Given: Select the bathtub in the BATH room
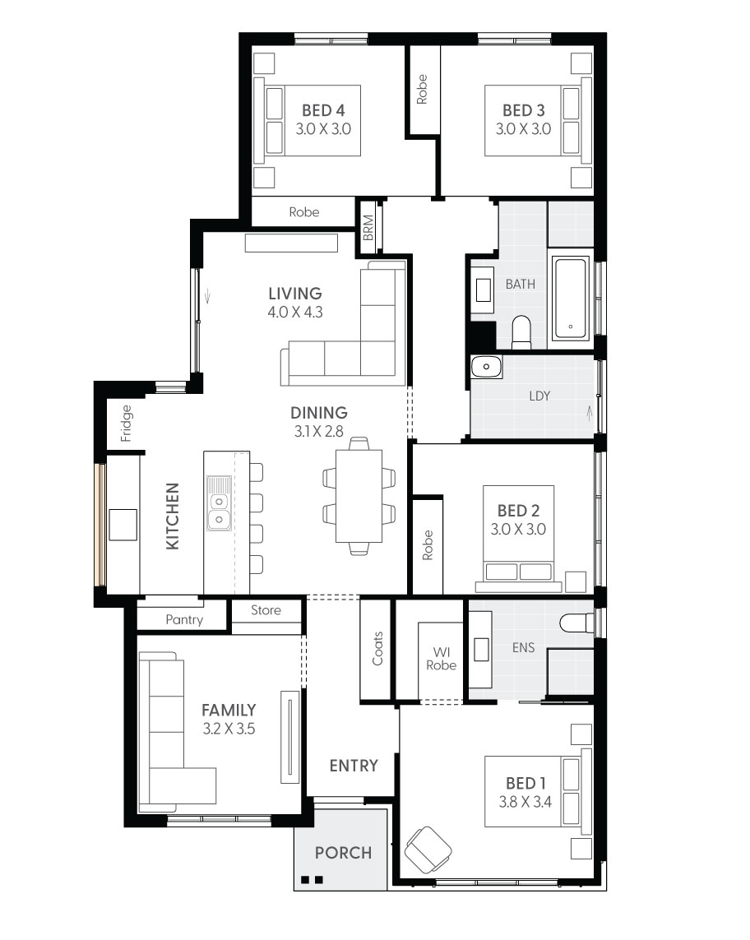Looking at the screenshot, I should [x=571, y=299].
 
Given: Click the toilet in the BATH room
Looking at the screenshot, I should [x=521, y=331].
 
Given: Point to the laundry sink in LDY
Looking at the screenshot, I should [x=486, y=367].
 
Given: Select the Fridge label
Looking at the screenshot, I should [x=126, y=424].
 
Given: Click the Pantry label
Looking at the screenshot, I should [x=183, y=619].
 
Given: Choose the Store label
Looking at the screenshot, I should [x=266, y=610].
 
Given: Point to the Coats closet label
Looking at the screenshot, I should [x=377, y=648].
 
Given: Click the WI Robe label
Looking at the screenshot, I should [x=441, y=659].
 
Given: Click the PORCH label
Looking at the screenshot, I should [x=343, y=853].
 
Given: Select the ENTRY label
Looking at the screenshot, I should [x=354, y=766].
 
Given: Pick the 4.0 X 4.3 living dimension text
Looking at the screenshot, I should [x=294, y=313].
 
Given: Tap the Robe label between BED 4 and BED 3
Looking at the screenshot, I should [x=422, y=89].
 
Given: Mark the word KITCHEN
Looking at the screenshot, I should [x=173, y=516].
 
